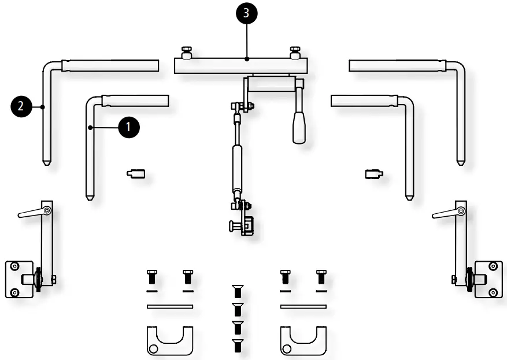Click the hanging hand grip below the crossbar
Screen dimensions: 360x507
pos(299,127)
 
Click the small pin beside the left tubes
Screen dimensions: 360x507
pos(136,173)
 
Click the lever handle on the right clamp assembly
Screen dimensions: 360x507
pos(446,213)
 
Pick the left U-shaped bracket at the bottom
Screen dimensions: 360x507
pos(168,341)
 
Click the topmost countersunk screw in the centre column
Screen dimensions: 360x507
pos(236,291)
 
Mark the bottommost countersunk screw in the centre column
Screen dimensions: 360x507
pos(236,346)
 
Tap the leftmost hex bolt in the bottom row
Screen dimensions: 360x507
pos(152,277)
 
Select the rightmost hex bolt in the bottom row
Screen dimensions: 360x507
pos(320,277)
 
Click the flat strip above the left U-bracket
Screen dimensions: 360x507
pos(169,306)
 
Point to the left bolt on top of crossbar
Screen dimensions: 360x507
pos(187,51)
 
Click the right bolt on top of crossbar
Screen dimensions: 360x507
pos(295,51)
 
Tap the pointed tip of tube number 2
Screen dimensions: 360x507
pos(45,163)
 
